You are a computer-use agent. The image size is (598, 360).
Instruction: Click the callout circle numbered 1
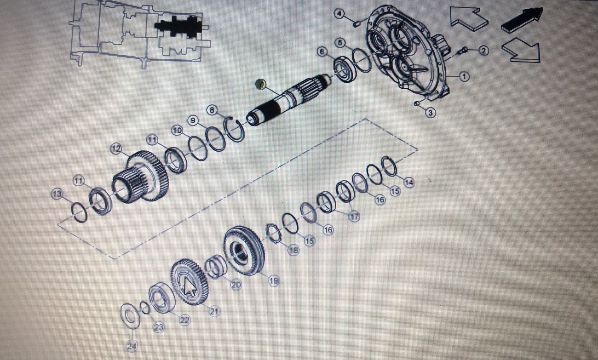pos(465,77)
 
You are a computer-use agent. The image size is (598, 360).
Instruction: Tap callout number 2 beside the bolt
pos(483,51)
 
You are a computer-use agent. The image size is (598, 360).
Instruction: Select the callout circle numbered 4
pos(340,14)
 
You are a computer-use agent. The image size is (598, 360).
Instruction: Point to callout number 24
pos(131,345)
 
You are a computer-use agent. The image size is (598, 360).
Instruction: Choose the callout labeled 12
pos(116,149)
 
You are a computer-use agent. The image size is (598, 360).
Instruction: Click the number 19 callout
pos(274,280)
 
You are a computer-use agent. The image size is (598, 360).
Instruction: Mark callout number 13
pos(57,194)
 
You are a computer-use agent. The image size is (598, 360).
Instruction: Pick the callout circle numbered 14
pos(408,183)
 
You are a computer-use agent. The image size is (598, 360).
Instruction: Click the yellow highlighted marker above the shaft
pos(260,84)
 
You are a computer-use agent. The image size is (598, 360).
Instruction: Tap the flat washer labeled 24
pos(130,316)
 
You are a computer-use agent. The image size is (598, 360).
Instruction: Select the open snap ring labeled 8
pos(235,130)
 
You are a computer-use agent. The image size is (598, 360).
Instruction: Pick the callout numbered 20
pos(236,285)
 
